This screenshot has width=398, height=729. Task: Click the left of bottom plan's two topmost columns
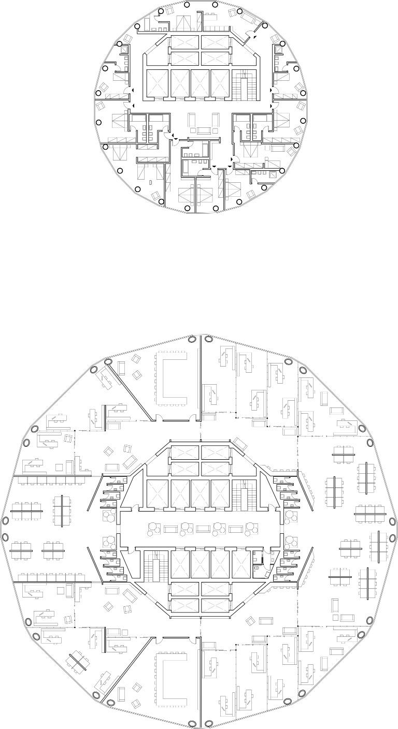pyautogui.click(x=191, y=340)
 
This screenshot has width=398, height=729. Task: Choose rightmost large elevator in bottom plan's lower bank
pyautogui.click(x=241, y=564)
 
